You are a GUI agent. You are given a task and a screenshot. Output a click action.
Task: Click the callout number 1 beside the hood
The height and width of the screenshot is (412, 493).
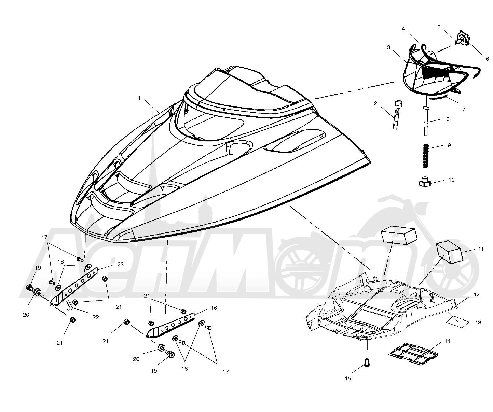tap(139, 98)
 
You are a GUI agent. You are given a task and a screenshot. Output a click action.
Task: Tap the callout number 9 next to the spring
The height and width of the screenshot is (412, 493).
tap(449, 145)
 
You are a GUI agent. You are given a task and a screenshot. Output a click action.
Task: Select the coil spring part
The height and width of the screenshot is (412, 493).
tap(426, 156)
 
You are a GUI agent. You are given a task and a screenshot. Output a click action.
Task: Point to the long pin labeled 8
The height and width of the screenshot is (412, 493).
tap(426, 121)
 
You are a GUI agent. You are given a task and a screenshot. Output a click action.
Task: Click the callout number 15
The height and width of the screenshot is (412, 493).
tap(348, 378)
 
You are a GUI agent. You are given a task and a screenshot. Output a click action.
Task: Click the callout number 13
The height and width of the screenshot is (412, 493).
tap(478, 322)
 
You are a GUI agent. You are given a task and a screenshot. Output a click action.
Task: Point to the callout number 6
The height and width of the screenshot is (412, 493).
tap(487, 58)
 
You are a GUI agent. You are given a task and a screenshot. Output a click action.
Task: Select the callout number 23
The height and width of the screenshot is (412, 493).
tap(120, 265)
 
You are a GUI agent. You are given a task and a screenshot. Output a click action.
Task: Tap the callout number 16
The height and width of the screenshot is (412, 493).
tap(214, 308)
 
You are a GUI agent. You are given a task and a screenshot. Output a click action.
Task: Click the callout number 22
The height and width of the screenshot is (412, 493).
tap(96, 317)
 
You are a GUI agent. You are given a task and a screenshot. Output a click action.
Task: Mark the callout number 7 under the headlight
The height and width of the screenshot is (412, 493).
tap(464, 109)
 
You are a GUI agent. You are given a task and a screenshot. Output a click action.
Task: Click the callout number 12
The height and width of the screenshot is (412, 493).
tap(477, 295)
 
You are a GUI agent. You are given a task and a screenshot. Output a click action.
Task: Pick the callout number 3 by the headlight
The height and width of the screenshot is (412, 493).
tap(389, 47)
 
